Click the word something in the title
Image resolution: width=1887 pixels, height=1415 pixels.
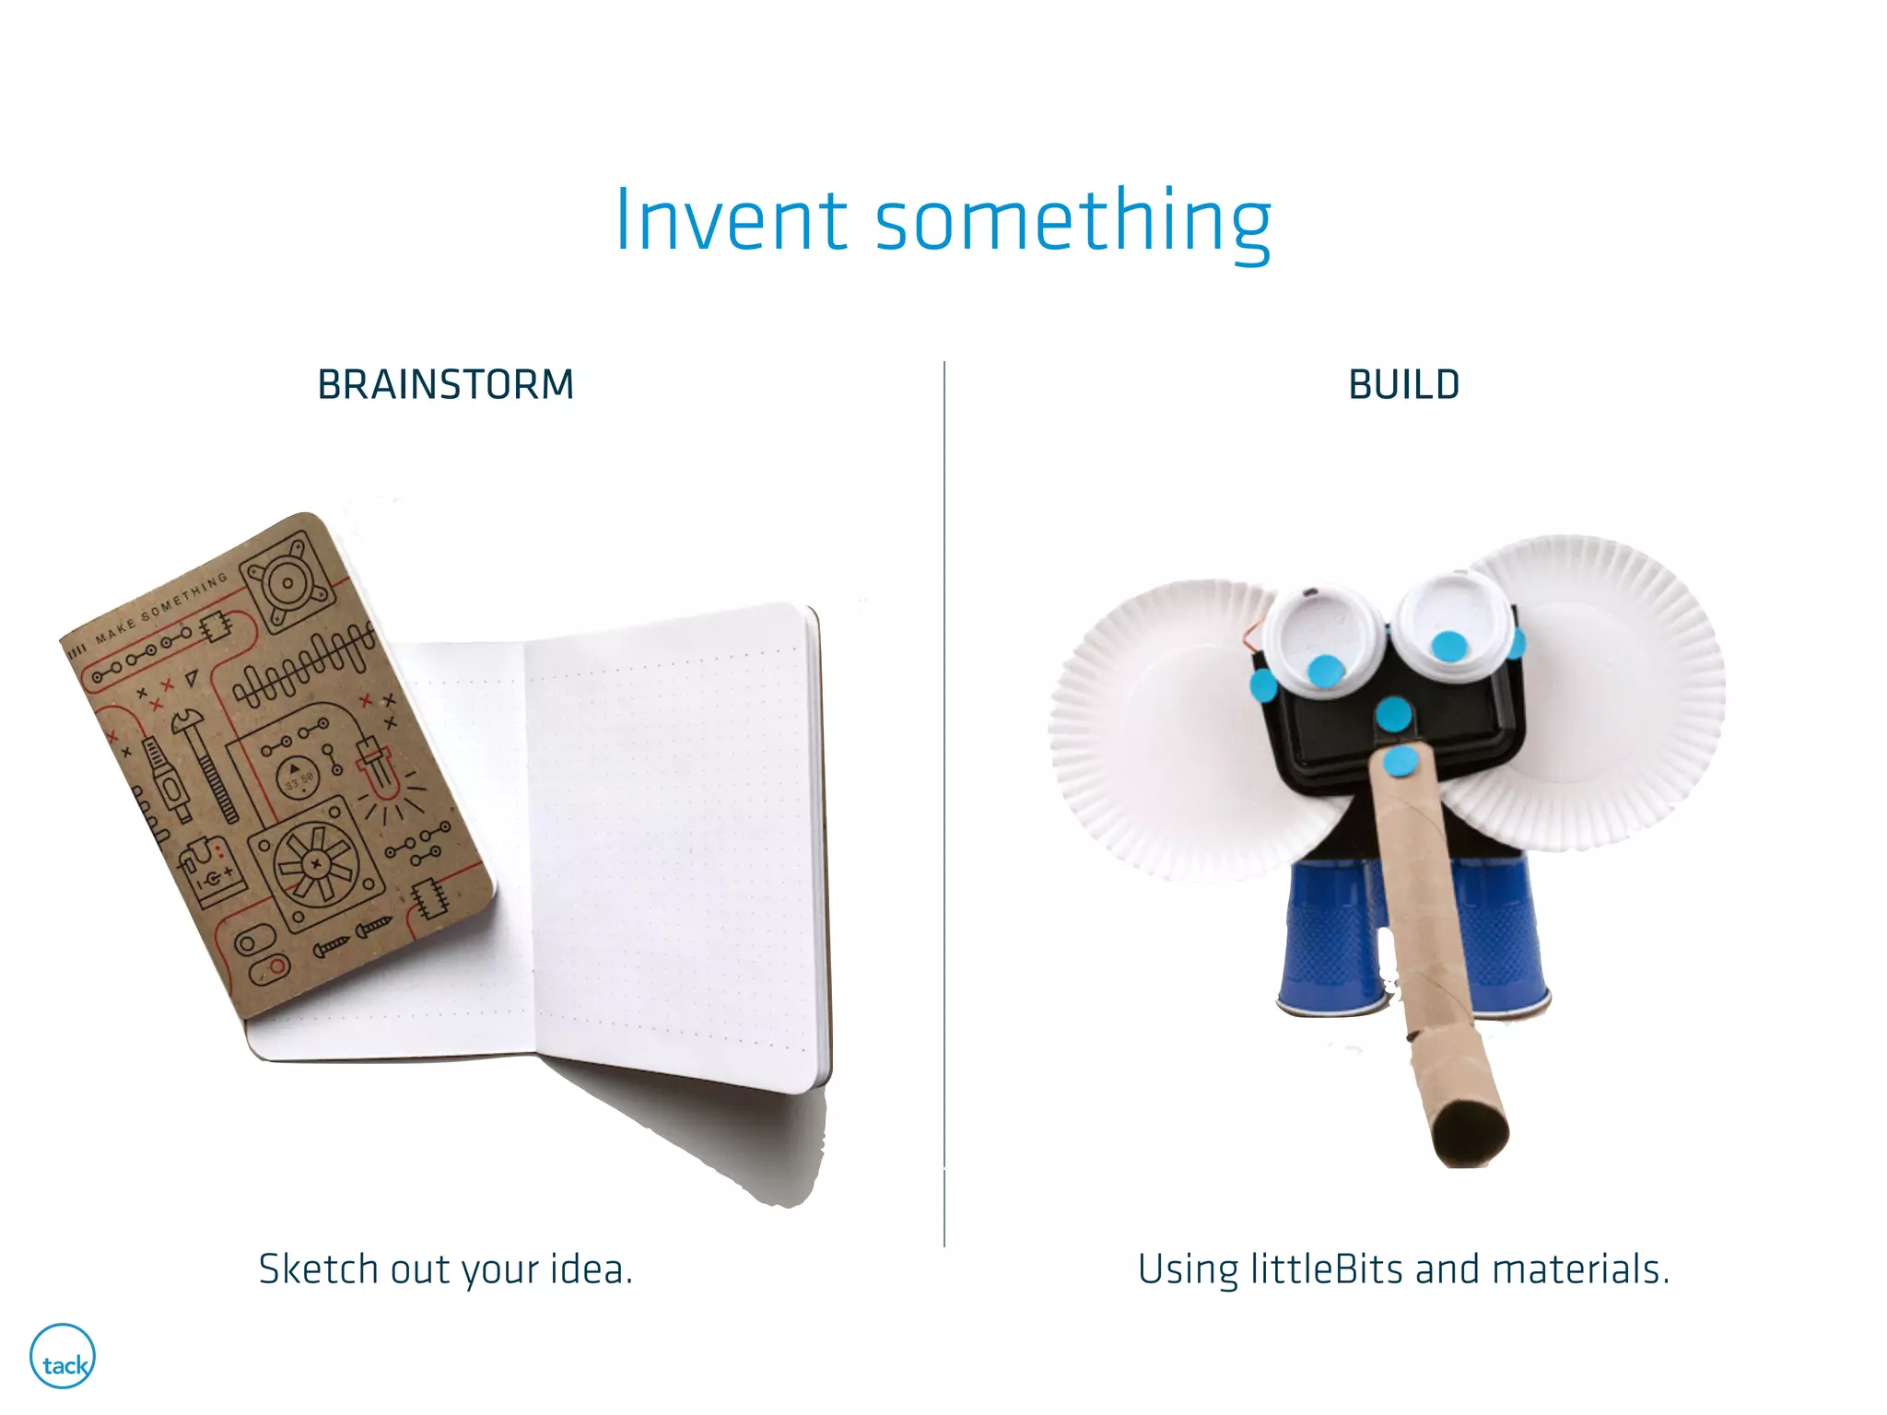pyautogui.click(x=1072, y=223)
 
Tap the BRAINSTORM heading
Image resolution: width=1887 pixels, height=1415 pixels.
pyautogui.click(x=446, y=385)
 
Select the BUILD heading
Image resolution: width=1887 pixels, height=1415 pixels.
pyautogui.click(x=1404, y=385)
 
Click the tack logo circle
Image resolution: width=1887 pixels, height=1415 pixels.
pyautogui.click(x=63, y=1357)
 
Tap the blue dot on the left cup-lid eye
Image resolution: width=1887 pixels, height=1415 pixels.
pyautogui.click(x=1325, y=670)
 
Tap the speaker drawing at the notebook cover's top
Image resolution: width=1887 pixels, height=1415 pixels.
pyautogui.click(x=288, y=581)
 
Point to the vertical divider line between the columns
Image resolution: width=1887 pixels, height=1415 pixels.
pyautogui.click(x=944, y=801)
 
